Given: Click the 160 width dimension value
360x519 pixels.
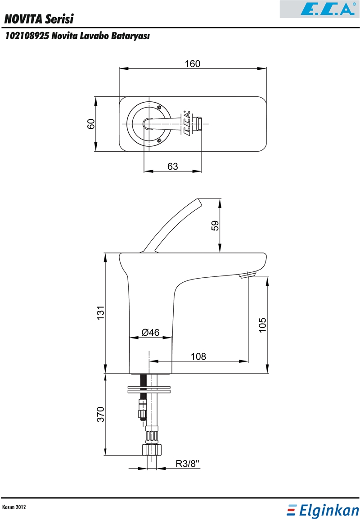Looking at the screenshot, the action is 193,63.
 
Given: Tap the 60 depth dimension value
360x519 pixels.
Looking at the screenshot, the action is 91,124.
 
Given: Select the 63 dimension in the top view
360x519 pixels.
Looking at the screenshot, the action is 173,166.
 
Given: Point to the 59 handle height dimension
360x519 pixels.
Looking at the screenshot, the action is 215,226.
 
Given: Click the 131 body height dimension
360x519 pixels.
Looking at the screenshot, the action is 100,313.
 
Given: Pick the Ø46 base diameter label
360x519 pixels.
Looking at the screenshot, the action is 151,332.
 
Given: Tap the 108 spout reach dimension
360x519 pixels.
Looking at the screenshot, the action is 198,356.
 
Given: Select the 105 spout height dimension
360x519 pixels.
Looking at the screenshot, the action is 262,325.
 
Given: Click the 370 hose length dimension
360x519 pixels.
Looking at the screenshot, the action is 100,415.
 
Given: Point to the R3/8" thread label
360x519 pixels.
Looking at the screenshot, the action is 188,464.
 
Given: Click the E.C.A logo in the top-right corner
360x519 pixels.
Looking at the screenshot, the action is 319,9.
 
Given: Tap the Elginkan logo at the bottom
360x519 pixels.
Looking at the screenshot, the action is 323,510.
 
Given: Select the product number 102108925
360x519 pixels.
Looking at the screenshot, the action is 28,36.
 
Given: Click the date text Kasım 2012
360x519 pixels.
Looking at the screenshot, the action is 14,507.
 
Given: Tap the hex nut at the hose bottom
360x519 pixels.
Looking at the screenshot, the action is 152,450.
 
